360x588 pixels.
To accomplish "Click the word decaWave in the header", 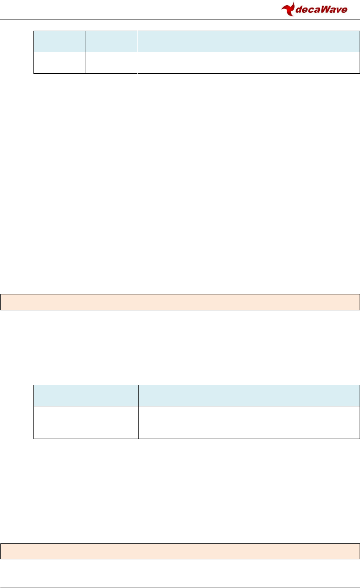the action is click(320, 10).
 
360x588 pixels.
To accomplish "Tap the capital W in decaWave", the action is click(323, 10).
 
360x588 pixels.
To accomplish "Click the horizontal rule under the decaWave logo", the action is click(180, 20).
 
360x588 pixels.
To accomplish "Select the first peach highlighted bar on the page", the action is click(180, 302).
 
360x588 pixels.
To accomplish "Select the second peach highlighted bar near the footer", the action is click(180, 551).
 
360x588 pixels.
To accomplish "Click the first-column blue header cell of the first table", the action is click(59, 41).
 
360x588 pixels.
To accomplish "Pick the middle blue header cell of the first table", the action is click(112, 41).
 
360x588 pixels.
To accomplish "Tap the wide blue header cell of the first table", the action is click(248, 41).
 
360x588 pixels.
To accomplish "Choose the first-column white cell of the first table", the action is click(59, 63).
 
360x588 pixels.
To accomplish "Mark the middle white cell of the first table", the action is click(112, 63).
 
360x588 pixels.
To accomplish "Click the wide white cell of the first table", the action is click(248, 63).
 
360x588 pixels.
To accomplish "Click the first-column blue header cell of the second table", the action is click(60, 396).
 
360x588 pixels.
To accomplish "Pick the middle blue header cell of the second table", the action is click(112, 396).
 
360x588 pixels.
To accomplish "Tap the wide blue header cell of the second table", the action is click(249, 396).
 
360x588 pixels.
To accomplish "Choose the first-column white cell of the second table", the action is click(60, 422).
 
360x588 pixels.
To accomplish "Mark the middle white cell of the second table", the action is click(112, 422).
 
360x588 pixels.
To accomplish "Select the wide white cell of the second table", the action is click(249, 422).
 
